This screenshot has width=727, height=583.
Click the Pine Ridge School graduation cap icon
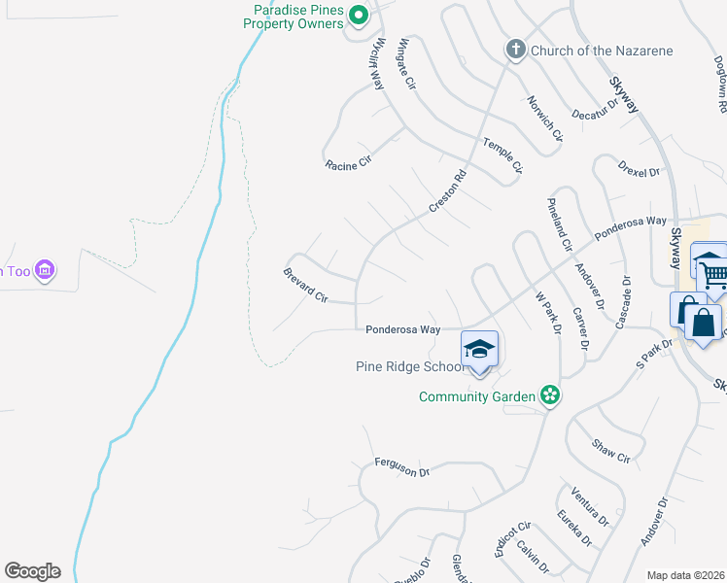pos(479,347)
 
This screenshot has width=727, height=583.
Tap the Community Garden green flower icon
pos(550,394)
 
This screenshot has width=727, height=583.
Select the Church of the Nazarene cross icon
pos(515,50)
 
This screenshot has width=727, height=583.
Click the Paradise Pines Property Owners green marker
pos(358,15)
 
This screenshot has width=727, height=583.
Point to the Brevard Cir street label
pos(305,286)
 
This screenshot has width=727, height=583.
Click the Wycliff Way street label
pos(376,64)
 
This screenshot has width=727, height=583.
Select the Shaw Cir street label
pos(611,450)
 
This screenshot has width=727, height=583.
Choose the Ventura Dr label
pos(590,505)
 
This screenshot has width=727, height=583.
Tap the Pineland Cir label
pos(558,223)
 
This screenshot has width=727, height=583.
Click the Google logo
pos(32,571)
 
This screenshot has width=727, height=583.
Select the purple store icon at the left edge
pos(44,269)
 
